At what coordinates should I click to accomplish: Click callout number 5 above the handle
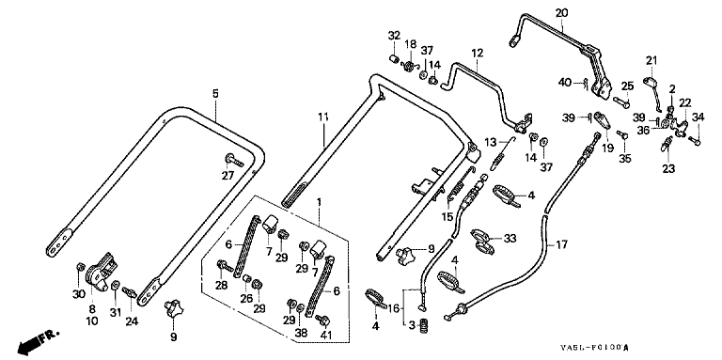pyautogui.click(x=215, y=94)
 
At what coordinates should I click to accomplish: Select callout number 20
pyautogui.click(x=561, y=12)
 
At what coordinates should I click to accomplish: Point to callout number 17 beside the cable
pyautogui.click(x=562, y=244)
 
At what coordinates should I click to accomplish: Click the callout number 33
pyautogui.click(x=510, y=239)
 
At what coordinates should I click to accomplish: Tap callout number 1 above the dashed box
pyautogui.click(x=318, y=202)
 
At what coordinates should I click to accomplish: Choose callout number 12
pyautogui.click(x=477, y=53)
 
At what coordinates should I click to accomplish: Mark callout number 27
pyautogui.click(x=228, y=176)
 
